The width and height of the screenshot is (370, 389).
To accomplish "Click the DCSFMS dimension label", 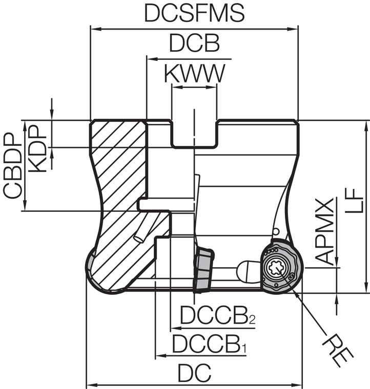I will coord(194,14).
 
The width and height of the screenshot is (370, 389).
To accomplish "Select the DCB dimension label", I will coord(194,45).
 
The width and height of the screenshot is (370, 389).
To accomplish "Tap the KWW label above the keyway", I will coord(194,74).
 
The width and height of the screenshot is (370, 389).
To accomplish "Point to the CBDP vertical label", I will coord(13,166).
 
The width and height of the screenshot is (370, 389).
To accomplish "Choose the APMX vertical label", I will coord(325,230).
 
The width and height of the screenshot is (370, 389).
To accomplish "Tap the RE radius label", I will coord(338,349).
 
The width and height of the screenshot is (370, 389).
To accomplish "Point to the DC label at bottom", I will coord(194,374).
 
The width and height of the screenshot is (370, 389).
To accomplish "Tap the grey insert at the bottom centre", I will coord(204,269).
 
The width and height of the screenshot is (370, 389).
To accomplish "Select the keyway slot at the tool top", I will coord(194,133).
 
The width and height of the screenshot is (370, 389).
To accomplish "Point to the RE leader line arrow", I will coord(296,291).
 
